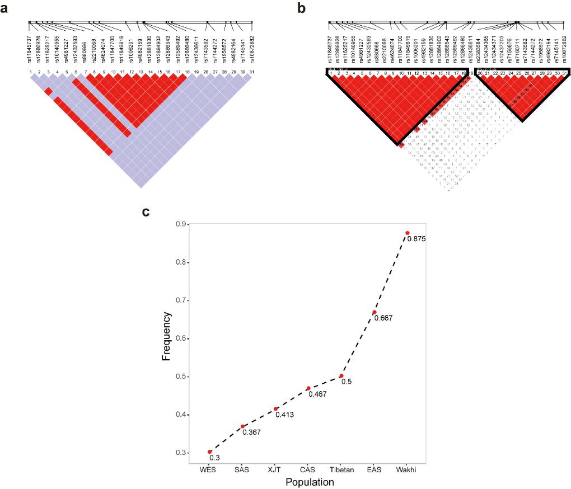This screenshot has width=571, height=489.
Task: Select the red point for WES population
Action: coord(210,452)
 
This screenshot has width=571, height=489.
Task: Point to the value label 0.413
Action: coord(284,415)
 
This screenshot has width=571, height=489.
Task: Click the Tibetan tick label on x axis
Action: coord(341,470)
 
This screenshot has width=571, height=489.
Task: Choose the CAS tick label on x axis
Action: coord(308,470)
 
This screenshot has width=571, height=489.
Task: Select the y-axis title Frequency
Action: coord(167,338)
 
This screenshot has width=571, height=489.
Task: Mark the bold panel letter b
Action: coord(302,8)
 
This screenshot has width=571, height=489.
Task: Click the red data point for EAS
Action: coord(375,312)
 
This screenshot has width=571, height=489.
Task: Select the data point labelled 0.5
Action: coord(341,376)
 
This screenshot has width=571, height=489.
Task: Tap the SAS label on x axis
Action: coord(242,470)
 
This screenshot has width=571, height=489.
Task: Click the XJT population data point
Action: coord(275,409)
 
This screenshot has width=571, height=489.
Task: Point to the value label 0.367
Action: coord(251,432)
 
